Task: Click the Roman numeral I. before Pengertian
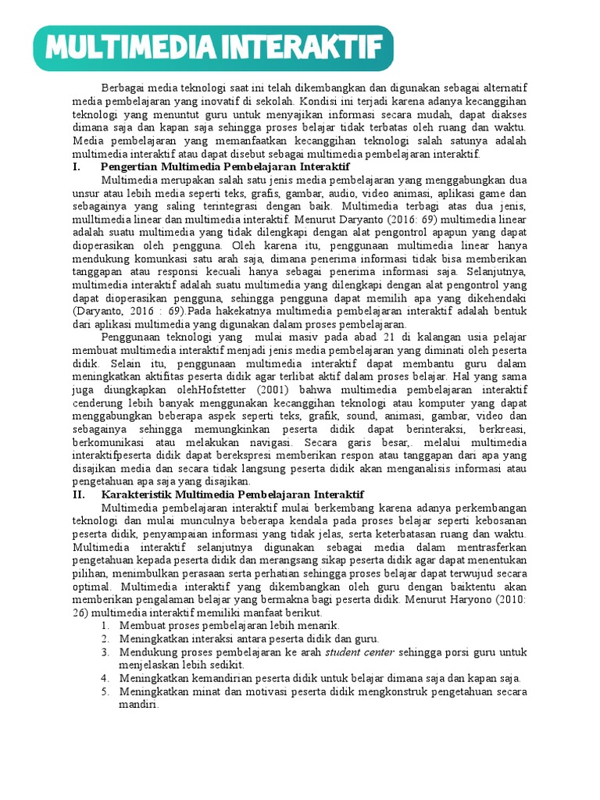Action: (77, 167)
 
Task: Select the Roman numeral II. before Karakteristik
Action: (80, 495)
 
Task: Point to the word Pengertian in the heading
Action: (131, 167)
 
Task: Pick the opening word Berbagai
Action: (123, 87)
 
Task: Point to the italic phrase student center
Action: (359, 652)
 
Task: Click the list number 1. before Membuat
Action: (107, 626)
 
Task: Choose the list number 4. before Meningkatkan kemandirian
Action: (107, 678)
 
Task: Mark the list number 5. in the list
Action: (107, 691)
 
